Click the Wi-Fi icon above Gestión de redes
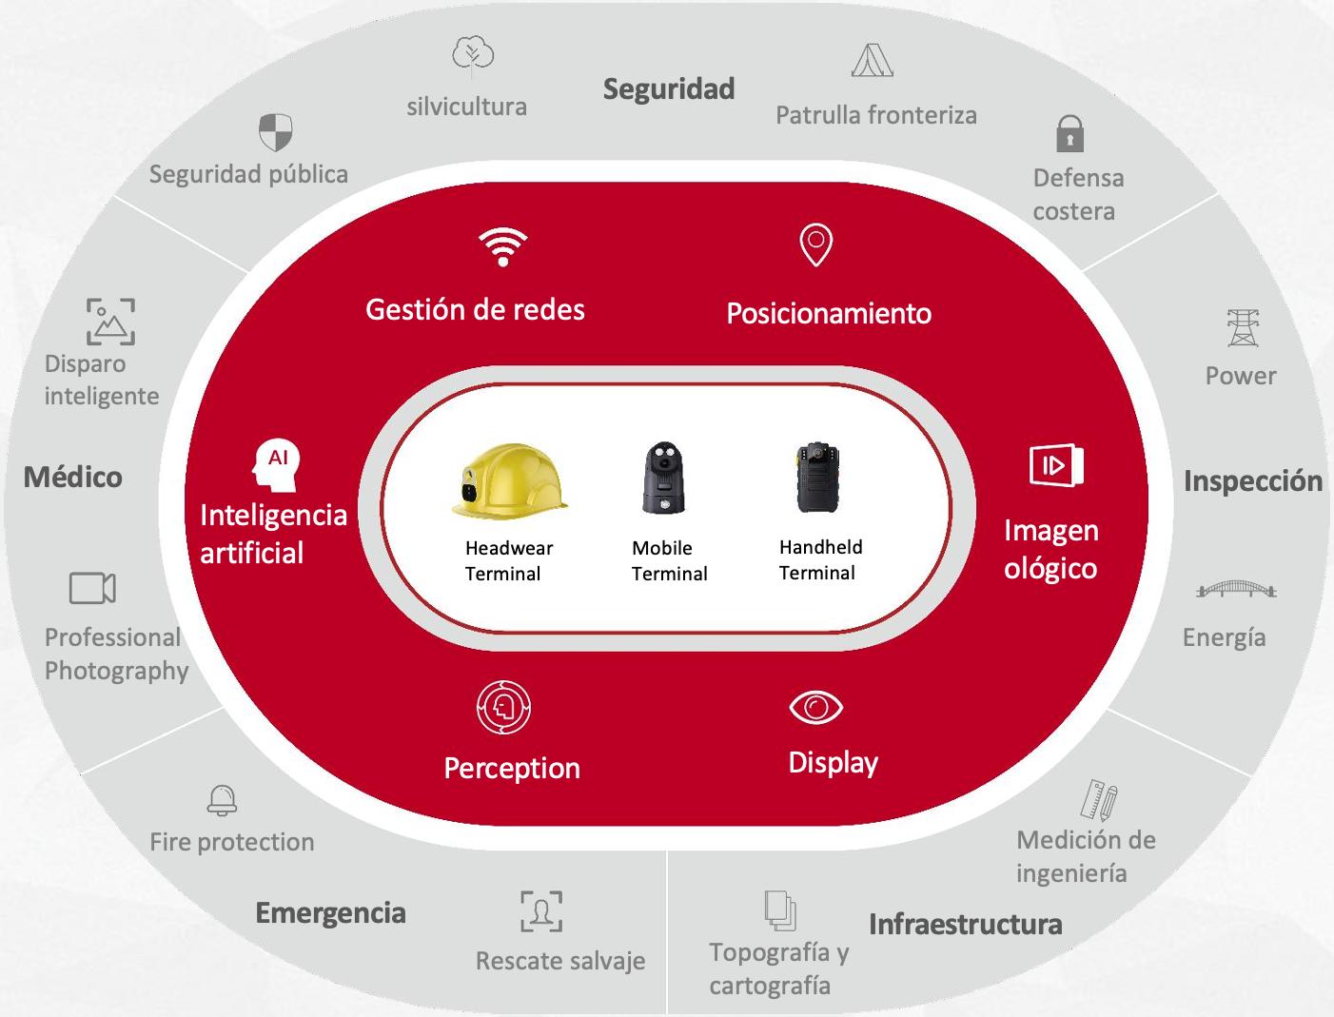tap(502, 246)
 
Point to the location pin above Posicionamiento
tap(815, 244)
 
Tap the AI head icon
tap(275, 465)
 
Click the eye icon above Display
tap(815, 707)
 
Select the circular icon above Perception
tap(503, 707)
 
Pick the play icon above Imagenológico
tap(1056, 465)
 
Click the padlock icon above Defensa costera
tap(1070, 133)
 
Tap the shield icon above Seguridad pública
tap(276, 132)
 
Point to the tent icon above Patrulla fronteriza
tap(872, 60)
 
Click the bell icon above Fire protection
tap(222, 800)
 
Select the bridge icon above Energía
tap(1236, 590)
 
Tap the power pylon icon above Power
tap(1242, 328)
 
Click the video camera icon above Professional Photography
tap(92, 589)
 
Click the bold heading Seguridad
tap(669, 89)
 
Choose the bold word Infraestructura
tap(965, 924)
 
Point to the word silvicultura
tap(466, 107)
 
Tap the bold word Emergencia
tap(330, 913)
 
